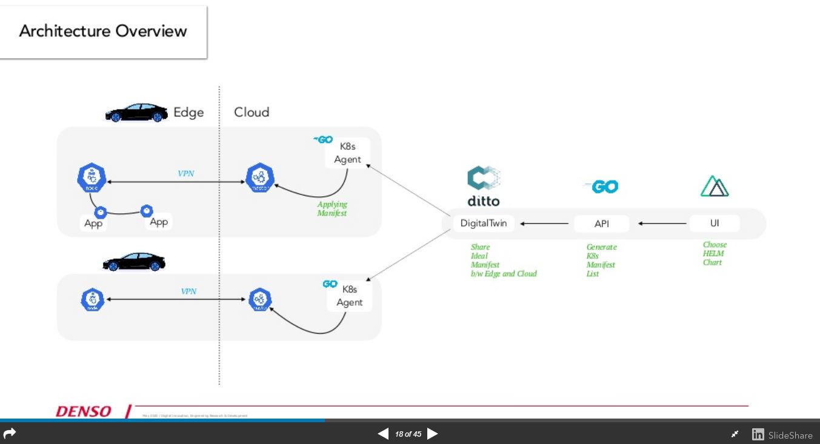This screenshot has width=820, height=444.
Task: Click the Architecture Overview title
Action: point(103,31)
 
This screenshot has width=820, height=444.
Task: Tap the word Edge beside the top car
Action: point(188,113)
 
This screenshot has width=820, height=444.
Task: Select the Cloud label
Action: point(252,112)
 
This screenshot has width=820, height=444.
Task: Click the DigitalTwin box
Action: point(484,224)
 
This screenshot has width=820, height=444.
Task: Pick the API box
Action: point(601,224)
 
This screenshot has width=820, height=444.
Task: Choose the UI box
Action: point(715,224)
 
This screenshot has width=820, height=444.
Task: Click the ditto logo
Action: point(484,187)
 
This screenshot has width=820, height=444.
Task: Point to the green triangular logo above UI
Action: point(715,187)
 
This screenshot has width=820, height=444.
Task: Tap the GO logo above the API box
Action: point(601,187)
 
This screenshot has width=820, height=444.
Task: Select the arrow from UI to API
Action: point(662,224)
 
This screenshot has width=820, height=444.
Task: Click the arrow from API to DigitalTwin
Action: point(544,224)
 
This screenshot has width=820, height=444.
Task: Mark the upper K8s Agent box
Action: point(347,153)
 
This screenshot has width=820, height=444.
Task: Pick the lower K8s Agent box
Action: point(349,296)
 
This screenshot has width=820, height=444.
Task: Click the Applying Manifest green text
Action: point(332,209)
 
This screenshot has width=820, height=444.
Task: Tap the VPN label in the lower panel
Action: point(188,291)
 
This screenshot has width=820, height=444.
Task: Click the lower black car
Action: point(134,262)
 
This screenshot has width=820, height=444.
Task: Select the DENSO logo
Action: point(84,412)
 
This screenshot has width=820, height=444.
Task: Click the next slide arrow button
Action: point(433,434)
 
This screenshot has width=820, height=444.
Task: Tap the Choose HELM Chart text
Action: point(715,254)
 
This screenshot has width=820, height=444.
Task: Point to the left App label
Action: point(93,224)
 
